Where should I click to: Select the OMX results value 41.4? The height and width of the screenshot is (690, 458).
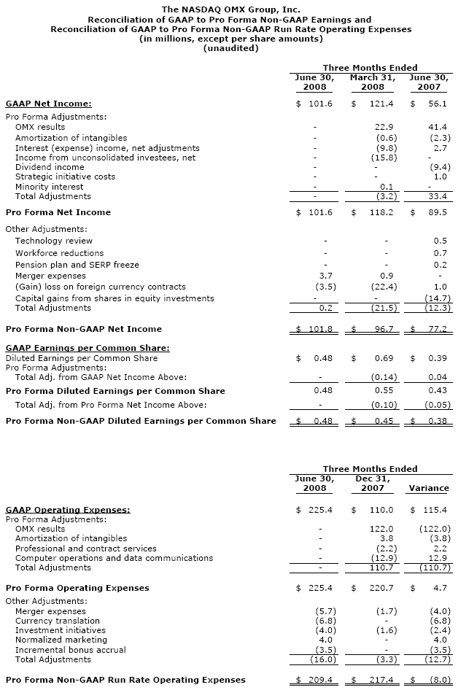click(438, 128)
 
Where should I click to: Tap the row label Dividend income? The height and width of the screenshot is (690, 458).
click(50, 167)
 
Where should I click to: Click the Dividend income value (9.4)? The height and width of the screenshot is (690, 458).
click(438, 167)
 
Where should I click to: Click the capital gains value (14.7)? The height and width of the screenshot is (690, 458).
click(437, 298)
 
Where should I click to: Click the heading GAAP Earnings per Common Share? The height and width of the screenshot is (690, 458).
click(88, 348)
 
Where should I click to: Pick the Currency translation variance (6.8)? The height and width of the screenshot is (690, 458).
click(438, 621)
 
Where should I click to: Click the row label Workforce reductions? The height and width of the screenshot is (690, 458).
click(59, 253)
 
